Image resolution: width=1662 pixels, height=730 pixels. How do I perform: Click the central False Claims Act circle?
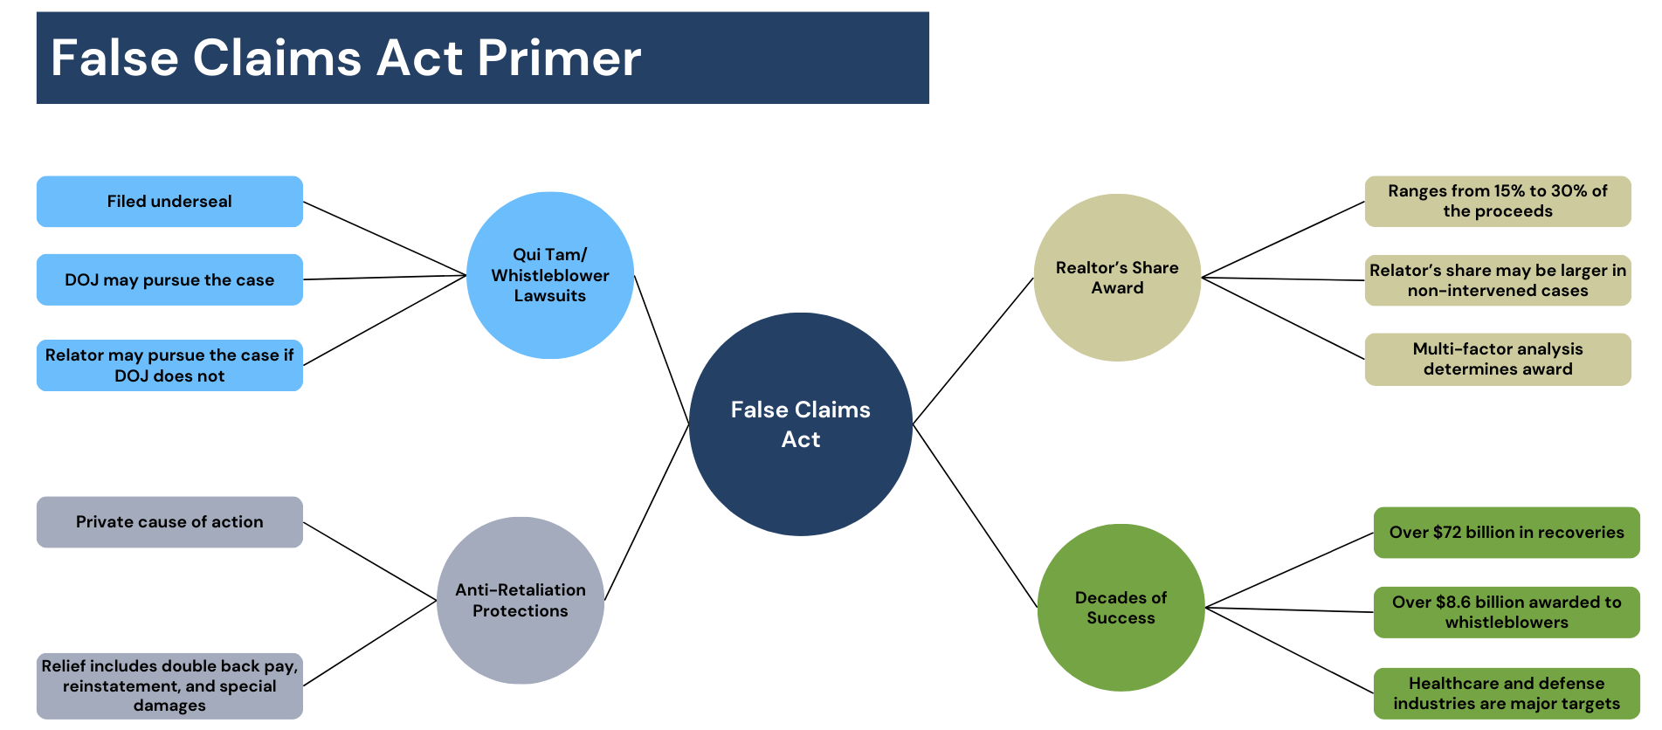(800, 424)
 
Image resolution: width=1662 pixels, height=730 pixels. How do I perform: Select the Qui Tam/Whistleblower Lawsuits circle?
(550, 275)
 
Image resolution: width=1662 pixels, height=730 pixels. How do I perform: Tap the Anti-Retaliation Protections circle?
(521, 600)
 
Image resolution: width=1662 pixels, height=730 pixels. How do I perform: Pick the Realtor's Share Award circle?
(1117, 278)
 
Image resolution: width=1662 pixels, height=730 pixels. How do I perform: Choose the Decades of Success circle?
(1121, 608)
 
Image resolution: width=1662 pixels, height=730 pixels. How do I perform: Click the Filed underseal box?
(169, 202)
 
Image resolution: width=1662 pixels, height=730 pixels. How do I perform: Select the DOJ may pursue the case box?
(169, 279)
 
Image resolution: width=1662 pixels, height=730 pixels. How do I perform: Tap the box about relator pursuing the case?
(169, 365)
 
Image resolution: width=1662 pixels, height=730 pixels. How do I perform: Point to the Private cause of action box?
(169, 522)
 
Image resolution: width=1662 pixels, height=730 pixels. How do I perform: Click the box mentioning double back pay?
(169, 685)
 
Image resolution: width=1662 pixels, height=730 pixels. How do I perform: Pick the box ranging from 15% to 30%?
(1497, 201)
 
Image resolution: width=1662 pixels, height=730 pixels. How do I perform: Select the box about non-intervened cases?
(1497, 280)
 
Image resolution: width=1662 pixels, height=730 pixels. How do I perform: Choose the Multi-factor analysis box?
(1497, 359)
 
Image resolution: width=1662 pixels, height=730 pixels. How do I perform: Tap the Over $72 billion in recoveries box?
(1506, 533)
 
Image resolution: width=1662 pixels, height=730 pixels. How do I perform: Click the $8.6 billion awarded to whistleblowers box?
(1506, 612)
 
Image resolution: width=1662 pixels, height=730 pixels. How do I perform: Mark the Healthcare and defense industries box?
(1506, 693)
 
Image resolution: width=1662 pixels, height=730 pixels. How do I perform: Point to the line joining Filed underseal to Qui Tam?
(384, 238)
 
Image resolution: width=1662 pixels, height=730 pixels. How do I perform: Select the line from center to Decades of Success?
(975, 515)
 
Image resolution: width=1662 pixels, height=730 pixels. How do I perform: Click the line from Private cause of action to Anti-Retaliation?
(369, 561)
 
